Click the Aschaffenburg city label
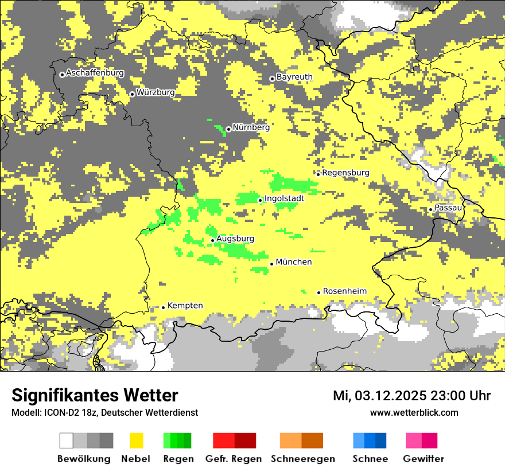pyautogui.click(x=95, y=73)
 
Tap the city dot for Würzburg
pyautogui.click(x=132, y=94)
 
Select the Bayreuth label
pyautogui.click(x=294, y=77)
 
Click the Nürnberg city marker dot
pyautogui.click(x=228, y=129)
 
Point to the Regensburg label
pyautogui.click(x=345, y=173)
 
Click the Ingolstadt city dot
pyautogui.click(x=260, y=200)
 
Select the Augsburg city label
pyautogui.click(x=235, y=239)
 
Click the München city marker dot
pyautogui.click(x=271, y=264)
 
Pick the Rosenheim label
pyautogui.click(x=344, y=291)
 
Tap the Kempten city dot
pyautogui.click(x=163, y=307)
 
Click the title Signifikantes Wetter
pyautogui.click(x=95, y=395)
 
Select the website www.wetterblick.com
pyautogui.click(x=414, y=412)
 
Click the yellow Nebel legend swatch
pyautogui.click(x=137, y=440)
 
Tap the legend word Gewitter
pyautogui.click(x=423, y=459)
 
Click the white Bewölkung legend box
pyautogui.click(x=66, y=440)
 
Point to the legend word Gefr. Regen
pyautogui.click(x=233, y=459)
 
